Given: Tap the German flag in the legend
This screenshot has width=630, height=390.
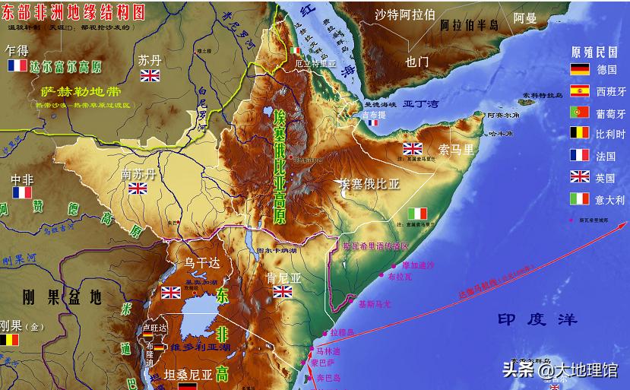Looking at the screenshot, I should (580, 70).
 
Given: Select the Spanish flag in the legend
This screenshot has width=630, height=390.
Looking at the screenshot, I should (580, 91).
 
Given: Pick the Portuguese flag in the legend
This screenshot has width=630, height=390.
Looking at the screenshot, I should (580, 113).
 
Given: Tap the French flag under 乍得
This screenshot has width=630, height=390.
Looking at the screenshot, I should (17, 66).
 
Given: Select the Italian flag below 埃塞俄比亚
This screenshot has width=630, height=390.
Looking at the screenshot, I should (417, 214).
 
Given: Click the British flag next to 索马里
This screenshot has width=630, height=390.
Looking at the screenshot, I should (413, 149).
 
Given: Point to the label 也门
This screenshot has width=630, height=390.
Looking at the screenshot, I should (417, 61).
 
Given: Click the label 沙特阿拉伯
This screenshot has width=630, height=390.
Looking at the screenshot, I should (405, 14).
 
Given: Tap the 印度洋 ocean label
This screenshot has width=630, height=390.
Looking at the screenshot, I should (532, 319).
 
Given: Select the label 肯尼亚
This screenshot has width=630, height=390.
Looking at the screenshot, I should (285, 277).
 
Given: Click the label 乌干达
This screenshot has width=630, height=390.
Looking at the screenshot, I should (201, 263).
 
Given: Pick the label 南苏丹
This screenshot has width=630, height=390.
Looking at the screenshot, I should (138, 175).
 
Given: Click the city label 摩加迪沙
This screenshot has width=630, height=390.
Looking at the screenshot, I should (418, 265).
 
